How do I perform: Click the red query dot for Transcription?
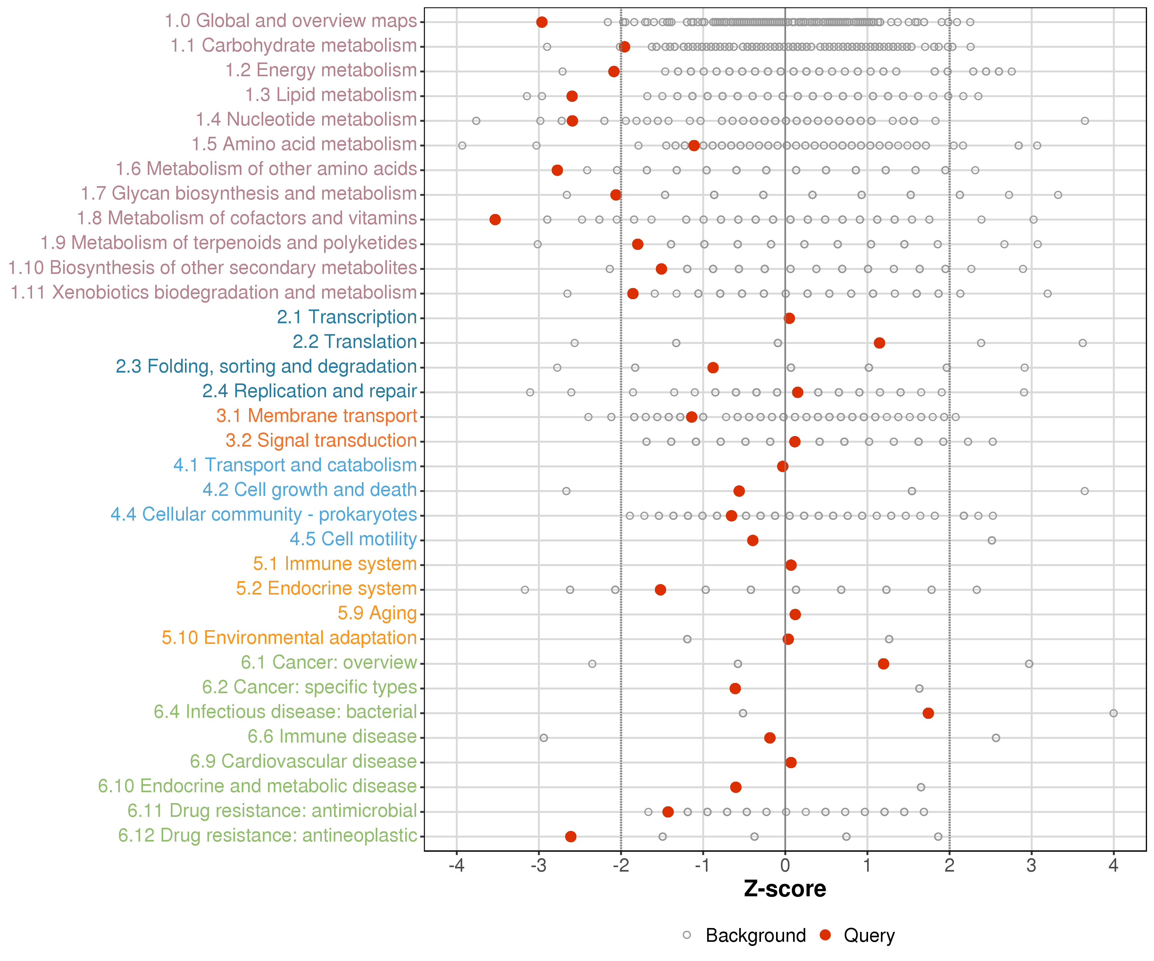click(x=789, y=318)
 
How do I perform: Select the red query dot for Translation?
click(x=879, y=343)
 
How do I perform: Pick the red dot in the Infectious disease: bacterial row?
click(x=928, y=713)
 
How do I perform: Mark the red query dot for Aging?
click(x=795, y=614)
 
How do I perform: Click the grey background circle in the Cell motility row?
click(x=992, y=540)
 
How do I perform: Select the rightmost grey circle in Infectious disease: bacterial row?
click(x=1113, y=713)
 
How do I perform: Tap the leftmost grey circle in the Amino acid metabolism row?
click(x=462, y=145)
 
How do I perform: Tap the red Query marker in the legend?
click(x=825, y=935)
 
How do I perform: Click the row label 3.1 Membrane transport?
click(x=316, y=416)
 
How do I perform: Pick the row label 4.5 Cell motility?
click(x=353, y=539)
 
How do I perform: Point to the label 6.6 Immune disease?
click(x=332, y=736)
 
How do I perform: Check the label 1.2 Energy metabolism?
click(x=321, y=70)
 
